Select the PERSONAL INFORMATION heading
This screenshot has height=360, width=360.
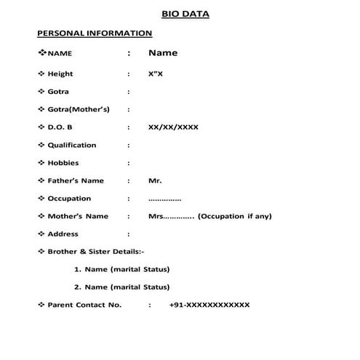pyautogui.click(x=94, y=33)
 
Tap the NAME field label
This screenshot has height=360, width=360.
pyautogui.click(x=60, y=54)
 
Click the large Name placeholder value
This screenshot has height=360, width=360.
pyautogui.click(x=163, y=53)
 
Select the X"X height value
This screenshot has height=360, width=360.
pyautogui.click(x=156, y=74)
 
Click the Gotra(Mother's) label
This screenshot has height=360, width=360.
pyautogui.click(x=78, y=110)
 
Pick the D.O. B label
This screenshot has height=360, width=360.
pyautogui.click(x=61, y=127)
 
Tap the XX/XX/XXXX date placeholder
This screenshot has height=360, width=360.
pyautogui.click(x=173, y=127)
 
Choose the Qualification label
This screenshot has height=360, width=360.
pyautogui.click(x=71, y=145)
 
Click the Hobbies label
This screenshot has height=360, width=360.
pyautogui.click(x=63, y=163)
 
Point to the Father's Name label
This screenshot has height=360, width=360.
pyautogui.click(x=76, y=181)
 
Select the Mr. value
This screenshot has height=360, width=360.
pyautogui.click(x=155, y=181)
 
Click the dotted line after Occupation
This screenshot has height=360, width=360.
pyautogui.click(x=164, y=199)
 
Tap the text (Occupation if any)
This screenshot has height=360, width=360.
pyautogui.click(x=235, y=217)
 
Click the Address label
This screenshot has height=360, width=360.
pyautogui.click(x=63, y=234)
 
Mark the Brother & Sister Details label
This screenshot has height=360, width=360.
pyautogui.click(x=96, y=252)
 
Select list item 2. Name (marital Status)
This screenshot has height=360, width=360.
pyautogui.click(x=122, y=287)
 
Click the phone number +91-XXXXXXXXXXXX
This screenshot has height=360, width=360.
pyautogui.click(x=209, y=305)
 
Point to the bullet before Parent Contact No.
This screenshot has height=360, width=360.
pyautogui.click(x=41, y=305)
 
